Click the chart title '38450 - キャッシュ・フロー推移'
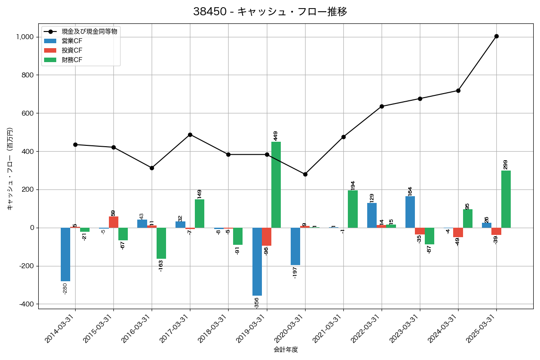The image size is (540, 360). (x=270, y=12)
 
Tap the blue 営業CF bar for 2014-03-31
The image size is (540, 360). (x=66, y=254)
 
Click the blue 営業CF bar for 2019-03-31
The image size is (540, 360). (x=257, y=261)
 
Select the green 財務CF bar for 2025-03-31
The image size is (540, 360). (x=506, y=199)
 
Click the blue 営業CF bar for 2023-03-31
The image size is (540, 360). (x=410, y=212)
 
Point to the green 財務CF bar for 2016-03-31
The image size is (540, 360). (x=162, y=243)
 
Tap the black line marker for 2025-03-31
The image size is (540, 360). (x=496, y=36)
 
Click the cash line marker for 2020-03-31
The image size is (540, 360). (x=305, y=174)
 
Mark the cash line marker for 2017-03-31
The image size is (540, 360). (x=190, y=135)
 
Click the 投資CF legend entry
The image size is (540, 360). (x=72, y=50)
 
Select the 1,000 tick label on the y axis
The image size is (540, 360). (x=26, y=37)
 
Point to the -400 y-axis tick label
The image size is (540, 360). (x=27, y=304)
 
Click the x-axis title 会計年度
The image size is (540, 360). (x=286, y=350)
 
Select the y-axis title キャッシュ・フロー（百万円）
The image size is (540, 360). (x=10, y=169)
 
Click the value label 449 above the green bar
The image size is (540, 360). (x=276, y=135)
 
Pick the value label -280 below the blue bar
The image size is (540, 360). (x=65, y=288)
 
